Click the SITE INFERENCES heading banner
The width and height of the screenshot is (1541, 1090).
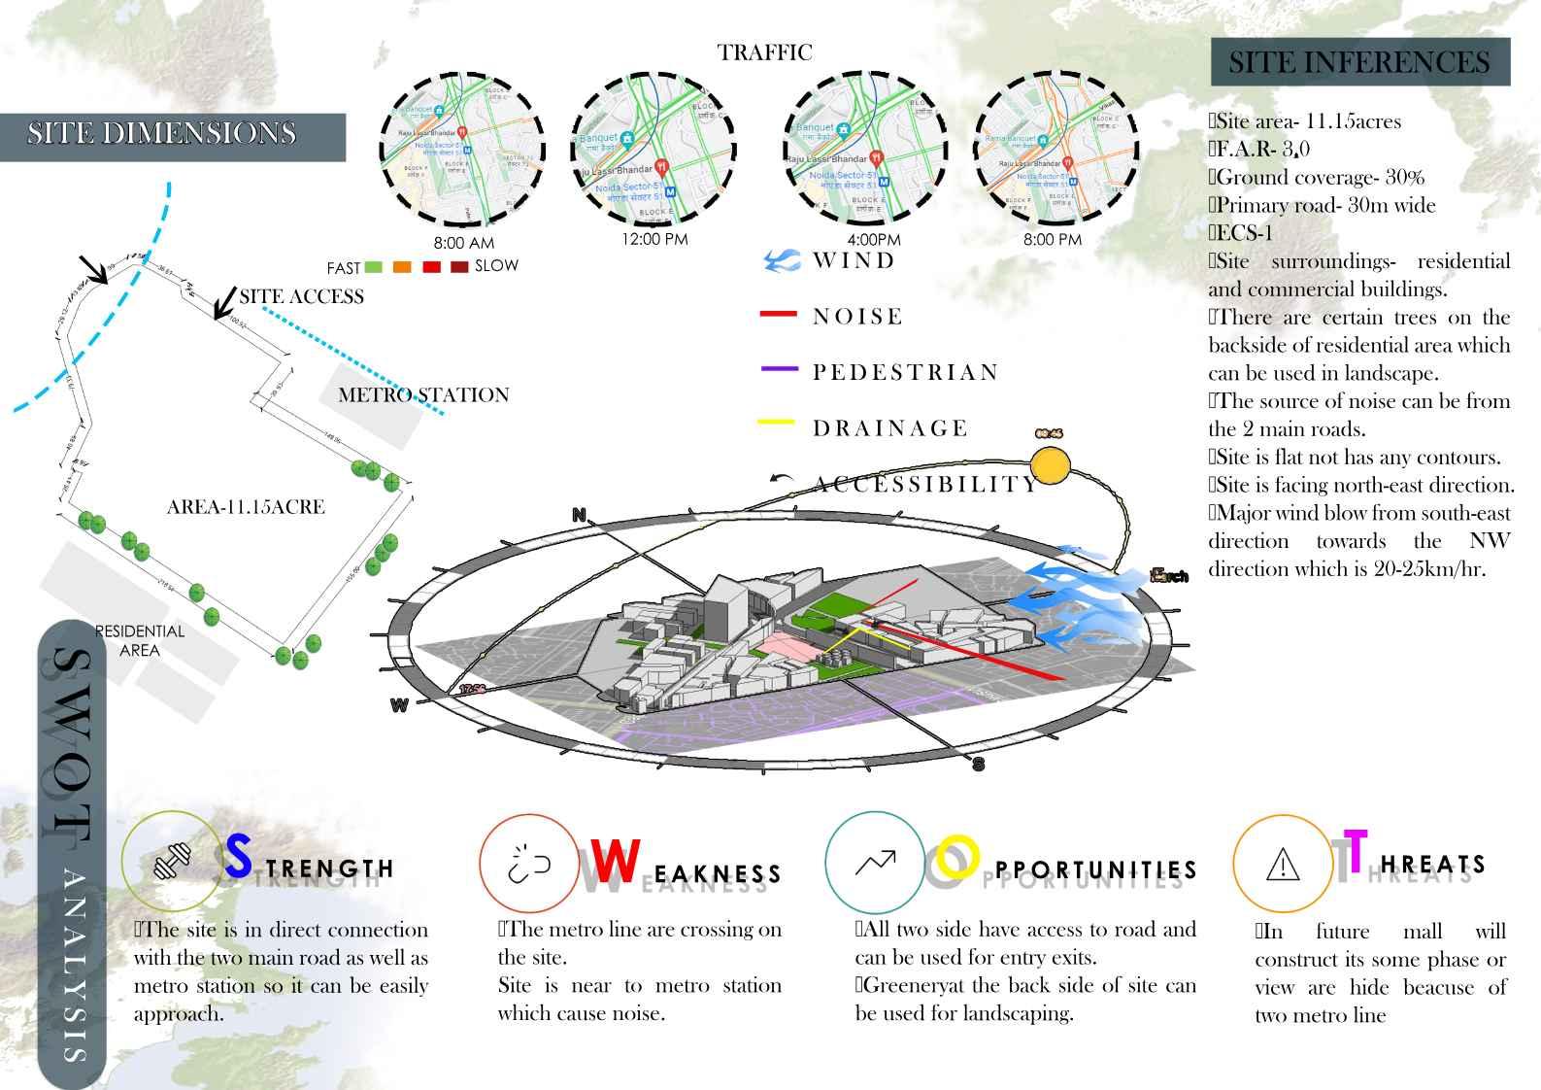coord(1359,63)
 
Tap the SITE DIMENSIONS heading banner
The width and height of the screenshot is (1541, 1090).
coord(162,134)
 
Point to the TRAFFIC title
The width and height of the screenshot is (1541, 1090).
coord(764,52)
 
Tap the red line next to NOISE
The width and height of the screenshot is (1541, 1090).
coord(778,315)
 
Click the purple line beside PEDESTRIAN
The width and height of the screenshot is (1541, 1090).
coord(778,370)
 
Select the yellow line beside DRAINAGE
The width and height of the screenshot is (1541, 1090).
coord(776,423)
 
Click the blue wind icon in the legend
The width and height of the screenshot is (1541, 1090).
coord(782,259)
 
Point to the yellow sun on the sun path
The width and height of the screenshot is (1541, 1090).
coord(1049,465)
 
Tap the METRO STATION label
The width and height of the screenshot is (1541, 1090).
coord(423,395)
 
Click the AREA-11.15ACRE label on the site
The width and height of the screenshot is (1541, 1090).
coord(246,507)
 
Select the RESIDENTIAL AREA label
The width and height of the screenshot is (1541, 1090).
coord(140,641)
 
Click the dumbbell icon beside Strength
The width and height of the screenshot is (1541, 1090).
coord(173,861)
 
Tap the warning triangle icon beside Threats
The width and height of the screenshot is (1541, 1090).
coord(1283,864)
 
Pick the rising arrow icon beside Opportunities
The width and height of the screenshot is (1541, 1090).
coord(875,862)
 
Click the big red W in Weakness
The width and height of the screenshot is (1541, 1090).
coord(616,861)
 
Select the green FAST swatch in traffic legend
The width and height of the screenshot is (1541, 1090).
coord(374,267)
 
